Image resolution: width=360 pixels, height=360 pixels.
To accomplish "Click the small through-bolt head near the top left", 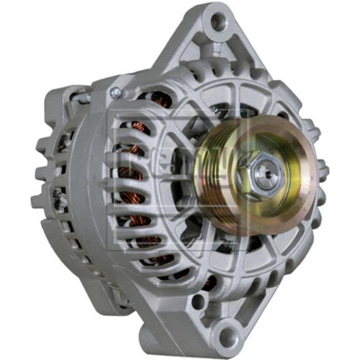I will coord(115,93).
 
